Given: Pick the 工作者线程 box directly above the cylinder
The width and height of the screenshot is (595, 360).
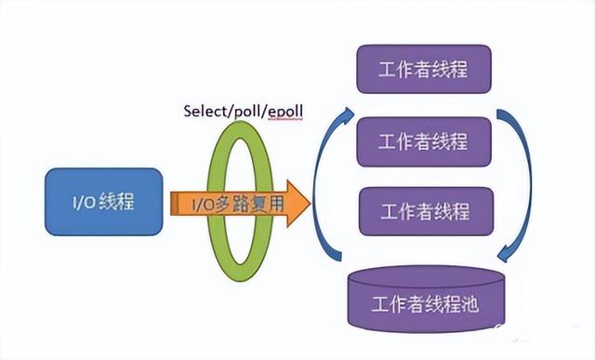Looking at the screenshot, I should (423, 211).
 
